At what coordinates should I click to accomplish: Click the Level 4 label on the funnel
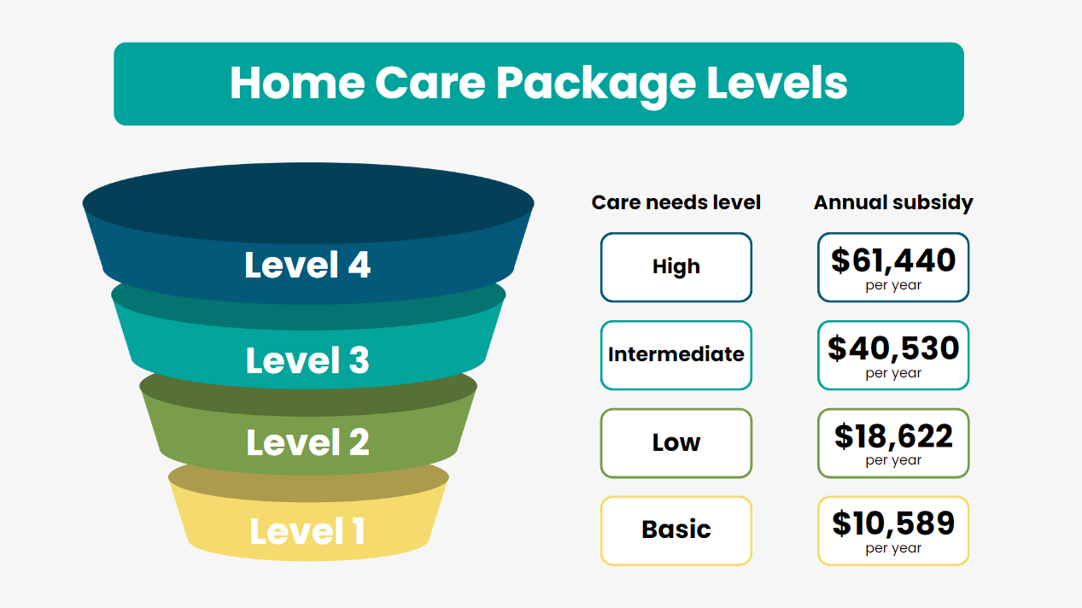307,265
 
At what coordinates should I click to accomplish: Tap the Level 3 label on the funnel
307,360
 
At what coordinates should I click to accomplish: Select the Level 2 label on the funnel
307,441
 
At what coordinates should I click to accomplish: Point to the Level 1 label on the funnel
307,531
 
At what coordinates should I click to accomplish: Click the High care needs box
676,267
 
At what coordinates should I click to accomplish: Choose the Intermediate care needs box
676,355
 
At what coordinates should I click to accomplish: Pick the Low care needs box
676,443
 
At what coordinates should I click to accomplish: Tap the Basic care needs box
676,531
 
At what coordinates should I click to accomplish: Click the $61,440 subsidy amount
893,260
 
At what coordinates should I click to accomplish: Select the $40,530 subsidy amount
893,348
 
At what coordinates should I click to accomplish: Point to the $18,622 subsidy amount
893,436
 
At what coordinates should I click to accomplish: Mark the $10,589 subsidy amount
893,523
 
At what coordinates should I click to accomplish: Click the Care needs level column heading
676,202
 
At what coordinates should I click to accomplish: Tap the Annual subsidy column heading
893,202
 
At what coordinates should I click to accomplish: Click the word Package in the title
596,84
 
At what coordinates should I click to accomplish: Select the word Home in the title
297,83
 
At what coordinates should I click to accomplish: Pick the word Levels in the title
777,83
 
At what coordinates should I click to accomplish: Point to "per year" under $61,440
893,285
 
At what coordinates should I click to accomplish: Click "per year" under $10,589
893,548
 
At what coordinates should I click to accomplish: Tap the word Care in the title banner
430,83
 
